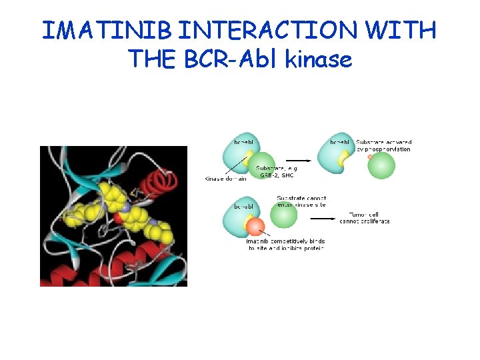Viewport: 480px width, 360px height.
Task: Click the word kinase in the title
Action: tap(318, 60)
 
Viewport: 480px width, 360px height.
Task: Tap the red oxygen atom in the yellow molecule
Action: tap(118, 218)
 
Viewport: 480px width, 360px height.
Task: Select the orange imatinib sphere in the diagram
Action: tap(254, 229)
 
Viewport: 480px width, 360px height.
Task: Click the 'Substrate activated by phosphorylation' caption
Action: tap(383, 145)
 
